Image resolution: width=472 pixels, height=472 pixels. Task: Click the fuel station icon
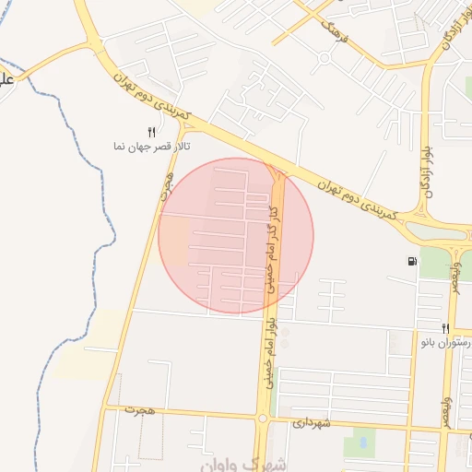click(410, 261)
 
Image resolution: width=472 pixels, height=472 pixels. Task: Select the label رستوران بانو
click(447, 343)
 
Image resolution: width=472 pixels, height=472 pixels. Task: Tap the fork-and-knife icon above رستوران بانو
click(445, 328)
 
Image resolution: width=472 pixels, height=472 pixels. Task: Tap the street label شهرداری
click(312, 424)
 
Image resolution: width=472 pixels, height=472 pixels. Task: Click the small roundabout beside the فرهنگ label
click(324, 59)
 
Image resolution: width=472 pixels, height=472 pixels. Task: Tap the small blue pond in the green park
click(361, 442)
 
